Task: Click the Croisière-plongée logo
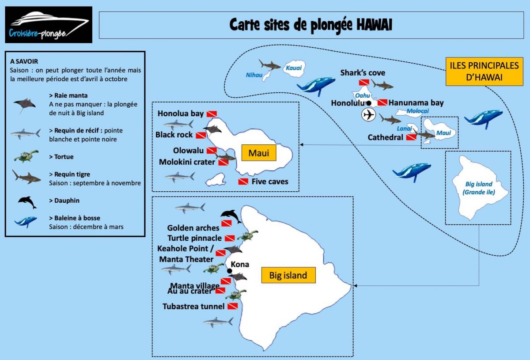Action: tap(49, 25)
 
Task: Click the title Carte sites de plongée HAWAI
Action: tap(311, 25)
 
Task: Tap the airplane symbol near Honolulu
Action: tap(368, 115)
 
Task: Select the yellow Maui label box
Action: tap(259, 154)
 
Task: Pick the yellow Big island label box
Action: tap(288, 275)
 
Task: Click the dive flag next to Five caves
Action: tap(243, 182)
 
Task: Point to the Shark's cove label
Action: tap(363, 73)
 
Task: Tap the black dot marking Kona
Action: tap(229, 271)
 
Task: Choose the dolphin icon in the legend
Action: tap(27, 202)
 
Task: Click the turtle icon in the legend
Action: tap(26, 156)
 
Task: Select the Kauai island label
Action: tap(293, 68)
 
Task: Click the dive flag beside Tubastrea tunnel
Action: tap(232, 306)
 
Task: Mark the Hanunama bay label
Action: tap(416, 103)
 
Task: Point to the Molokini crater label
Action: tap(187, 162)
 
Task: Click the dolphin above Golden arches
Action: tap(231, 216)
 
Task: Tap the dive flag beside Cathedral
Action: tap(411, 137)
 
